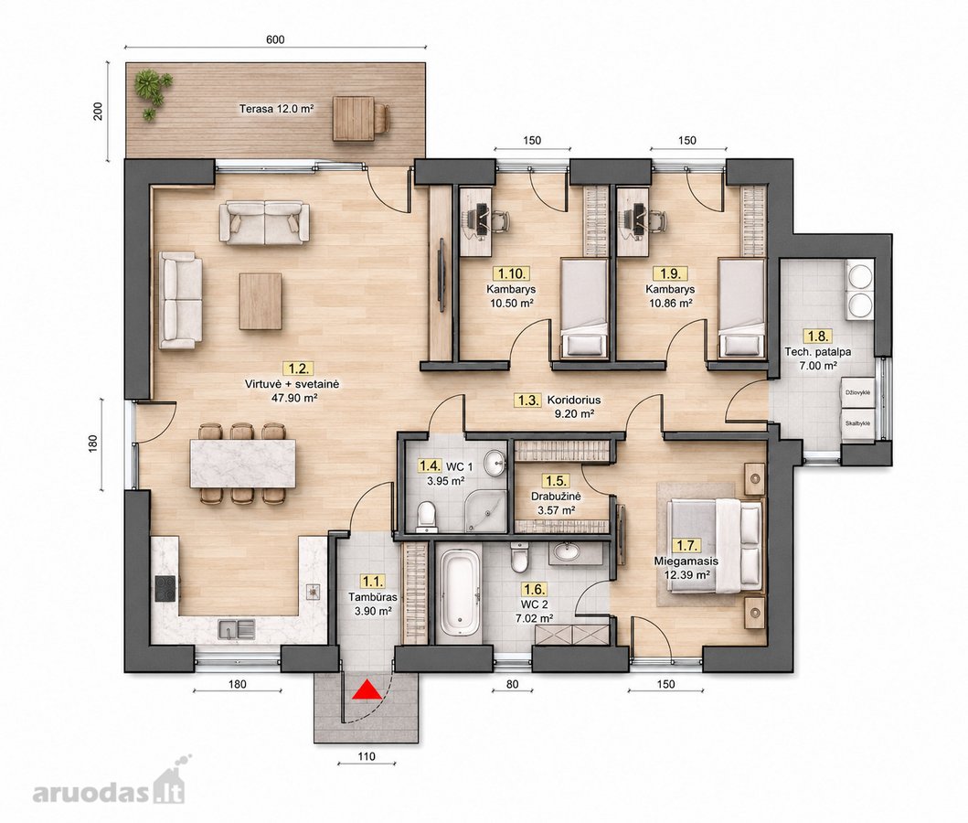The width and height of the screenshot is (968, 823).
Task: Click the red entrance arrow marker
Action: point(367,689)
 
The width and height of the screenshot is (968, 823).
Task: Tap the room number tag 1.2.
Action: point(298,369)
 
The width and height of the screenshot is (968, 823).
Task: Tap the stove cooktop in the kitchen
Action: point(165,588)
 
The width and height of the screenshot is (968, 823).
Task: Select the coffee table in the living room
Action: point(261,301)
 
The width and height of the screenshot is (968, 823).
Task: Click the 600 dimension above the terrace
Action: point(275,39)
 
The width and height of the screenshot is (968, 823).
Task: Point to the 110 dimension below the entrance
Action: point(367,755)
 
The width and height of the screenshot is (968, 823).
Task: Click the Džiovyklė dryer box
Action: point(858,392)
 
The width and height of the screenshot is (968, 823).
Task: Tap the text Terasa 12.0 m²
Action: point(277,109)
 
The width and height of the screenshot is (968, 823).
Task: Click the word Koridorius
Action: point(574,401)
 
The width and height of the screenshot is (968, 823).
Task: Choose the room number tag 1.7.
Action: point(686,545)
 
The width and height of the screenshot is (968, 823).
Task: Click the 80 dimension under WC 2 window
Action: point(512,684)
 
